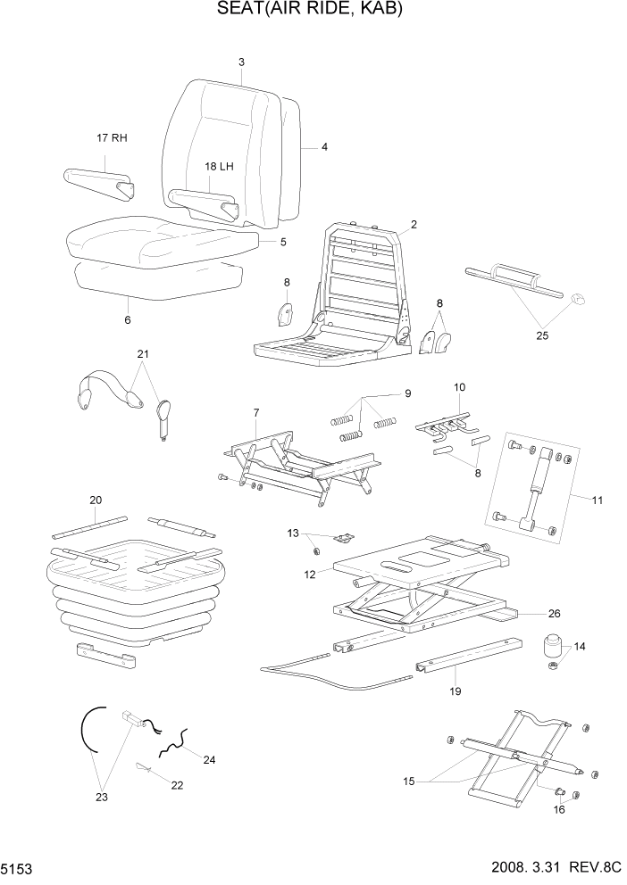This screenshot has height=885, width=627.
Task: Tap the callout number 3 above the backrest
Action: point(241,62)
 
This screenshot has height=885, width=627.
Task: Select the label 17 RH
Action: point(112,138)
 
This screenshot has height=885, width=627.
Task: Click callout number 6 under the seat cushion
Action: point(127,319)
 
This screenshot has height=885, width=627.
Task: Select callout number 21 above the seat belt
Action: point(142,354)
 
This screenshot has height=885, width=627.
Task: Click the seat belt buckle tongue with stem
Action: point(164,417)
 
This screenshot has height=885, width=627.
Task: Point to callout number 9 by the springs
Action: point(407,393)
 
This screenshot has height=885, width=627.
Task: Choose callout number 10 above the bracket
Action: point(459,388)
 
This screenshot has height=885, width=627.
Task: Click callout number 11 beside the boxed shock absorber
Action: point(597,500)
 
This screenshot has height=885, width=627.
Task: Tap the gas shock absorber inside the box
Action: point(535,486)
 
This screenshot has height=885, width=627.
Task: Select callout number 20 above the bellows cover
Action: point(96,500)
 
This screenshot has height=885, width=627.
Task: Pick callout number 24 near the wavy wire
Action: point(209,760)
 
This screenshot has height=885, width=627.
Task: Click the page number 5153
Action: point(18,868)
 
